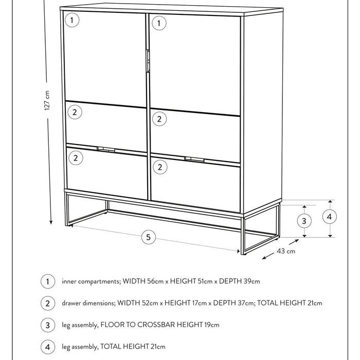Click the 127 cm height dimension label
(x=47, y=100)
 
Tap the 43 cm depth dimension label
(x=285, y=251)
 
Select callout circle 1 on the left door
(x=73, y=20)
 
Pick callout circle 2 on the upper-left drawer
(x=75, y=112)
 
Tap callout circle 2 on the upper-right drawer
(x=159, y=119)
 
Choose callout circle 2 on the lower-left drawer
(x=75, y=158)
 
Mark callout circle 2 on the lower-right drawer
(x=160, y=167)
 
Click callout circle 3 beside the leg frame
(x=305, y=221)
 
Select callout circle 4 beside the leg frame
(x=329, y=217)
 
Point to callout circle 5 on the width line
(x=149, y=237)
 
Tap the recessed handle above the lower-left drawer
(x=105, y=150)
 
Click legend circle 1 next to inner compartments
(x=47, y=281)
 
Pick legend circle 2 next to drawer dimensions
(x=47, y=303)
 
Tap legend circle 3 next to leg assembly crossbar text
(x=47, y=325)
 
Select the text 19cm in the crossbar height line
(x=211, y=325)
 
